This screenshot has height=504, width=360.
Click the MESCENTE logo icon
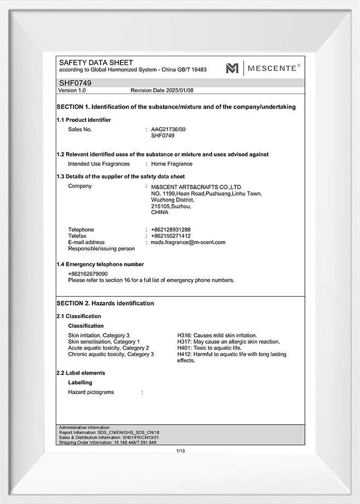pyautogui.click(x=233, y=68)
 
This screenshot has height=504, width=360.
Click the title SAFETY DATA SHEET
pyautogui.click(x=96, y=63)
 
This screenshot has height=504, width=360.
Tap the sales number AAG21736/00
pyautogui.click(x=169, y=130)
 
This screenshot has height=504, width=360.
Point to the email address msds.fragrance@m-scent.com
pyautogui.click(x=188, y=242)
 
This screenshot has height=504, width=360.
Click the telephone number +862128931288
pyautogui.click(x=171, y=230)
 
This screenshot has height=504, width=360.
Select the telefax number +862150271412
pyautogui.click(x=171, y=236)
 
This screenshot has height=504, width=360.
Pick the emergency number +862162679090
pyautogui.click(x=88, y=274)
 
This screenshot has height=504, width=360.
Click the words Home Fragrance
pyautogui.click(x=172, y=164)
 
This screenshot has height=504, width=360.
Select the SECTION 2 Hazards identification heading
pyautogui.click(x=106, y=303)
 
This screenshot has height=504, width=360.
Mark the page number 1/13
pyautogui.click(x=181, y=451)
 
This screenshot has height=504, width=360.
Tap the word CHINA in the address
pyautogui.click(x=160, y=213)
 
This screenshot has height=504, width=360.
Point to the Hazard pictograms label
pyautogui.click(x=91, y=392)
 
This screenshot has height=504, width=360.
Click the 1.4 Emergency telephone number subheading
pyautogui.click(x=101, y=265)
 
